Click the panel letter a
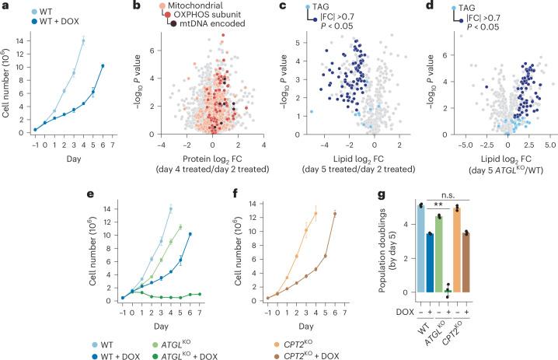(5, 6)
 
